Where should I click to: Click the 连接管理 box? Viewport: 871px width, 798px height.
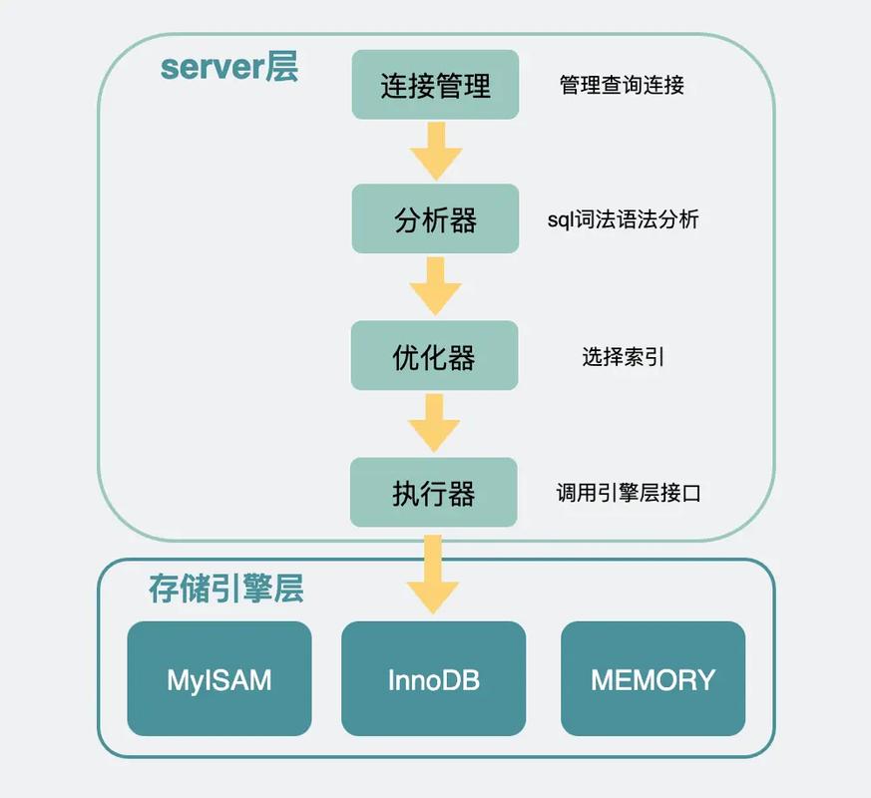click(435, 85)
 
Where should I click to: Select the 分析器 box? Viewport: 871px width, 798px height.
click(435, 219)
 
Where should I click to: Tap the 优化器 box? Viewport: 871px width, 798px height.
click(434, 356)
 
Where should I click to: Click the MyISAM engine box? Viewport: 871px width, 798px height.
click(218, 679)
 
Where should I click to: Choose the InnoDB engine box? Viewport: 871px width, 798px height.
click(433, 679)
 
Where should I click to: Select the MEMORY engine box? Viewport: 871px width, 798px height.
click(653, 679)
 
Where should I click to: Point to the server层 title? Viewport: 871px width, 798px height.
click(228, 68)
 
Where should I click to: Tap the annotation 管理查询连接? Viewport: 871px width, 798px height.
click(622, 85)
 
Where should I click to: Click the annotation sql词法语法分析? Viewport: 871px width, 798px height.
click(623, 219)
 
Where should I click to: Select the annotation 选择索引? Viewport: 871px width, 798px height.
click(623, 356)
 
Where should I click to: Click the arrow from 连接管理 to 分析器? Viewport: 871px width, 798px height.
click(435, 151)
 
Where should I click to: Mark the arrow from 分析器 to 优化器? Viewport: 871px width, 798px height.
click(435, 286)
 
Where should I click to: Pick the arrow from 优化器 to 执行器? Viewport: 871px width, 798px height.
click(434, 423)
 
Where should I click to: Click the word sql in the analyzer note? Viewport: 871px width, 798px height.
click(559, 219)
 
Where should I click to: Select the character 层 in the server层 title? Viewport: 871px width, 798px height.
click(281, 68)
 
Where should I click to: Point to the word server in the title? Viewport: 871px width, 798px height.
click(212, 68)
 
